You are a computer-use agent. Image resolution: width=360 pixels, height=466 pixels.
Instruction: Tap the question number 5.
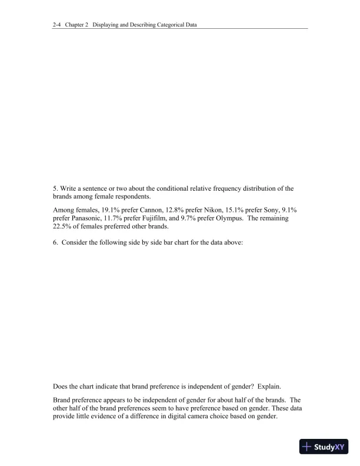(55, 188)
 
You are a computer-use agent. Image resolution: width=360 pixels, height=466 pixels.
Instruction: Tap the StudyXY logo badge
(324, 447)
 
